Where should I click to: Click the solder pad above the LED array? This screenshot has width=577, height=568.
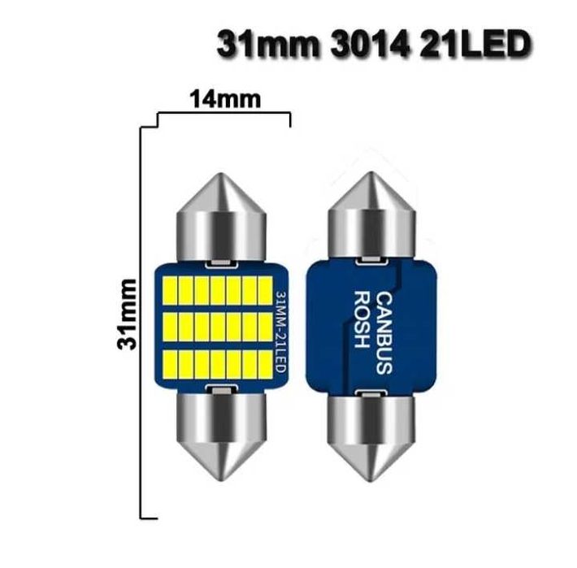(222, 263)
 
